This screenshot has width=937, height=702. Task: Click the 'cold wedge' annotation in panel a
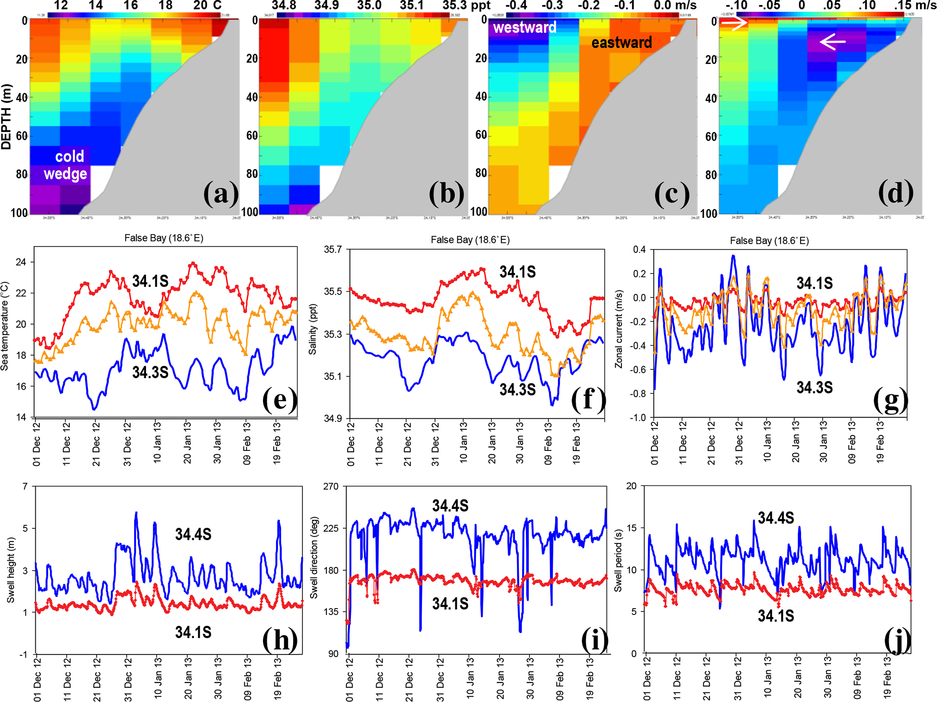point(66,165)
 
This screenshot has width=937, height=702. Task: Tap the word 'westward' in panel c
point(524,28)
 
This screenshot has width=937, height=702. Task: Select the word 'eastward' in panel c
point(621,43)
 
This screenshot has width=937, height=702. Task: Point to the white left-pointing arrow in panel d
point(832,42)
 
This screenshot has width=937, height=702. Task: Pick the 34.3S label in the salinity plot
point(517,389)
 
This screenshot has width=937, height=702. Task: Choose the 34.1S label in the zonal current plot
point(815,283)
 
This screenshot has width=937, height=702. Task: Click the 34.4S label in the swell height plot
point(193,534)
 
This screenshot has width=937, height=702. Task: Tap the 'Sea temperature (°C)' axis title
point(5,326)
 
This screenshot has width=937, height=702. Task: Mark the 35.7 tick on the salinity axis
point(333,250)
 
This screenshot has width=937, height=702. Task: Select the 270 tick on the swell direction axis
point(330,486)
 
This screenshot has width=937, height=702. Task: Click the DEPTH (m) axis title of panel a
point(6,116)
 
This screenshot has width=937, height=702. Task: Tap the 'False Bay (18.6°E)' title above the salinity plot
point(470,240)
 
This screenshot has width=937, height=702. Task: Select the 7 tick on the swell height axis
point(25,486)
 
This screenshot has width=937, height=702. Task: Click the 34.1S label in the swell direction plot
point(450,604)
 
